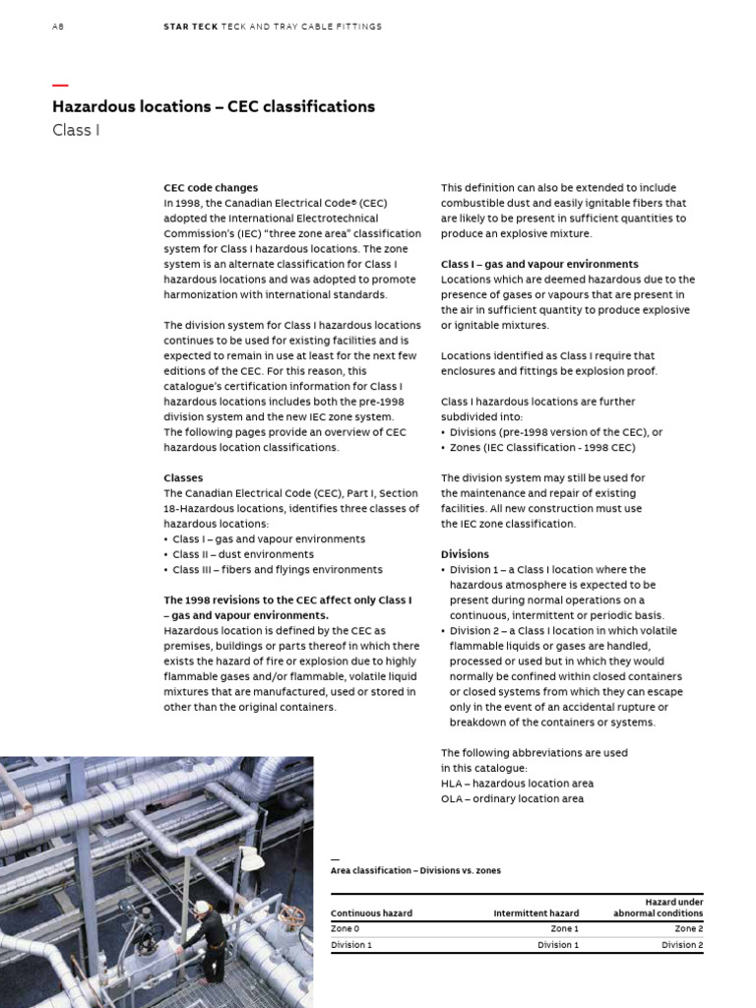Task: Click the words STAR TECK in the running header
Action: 189,27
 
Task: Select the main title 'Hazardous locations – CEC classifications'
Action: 213,106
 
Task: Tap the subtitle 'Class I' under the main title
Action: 76,130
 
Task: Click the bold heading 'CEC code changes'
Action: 211,187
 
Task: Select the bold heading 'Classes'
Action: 183,477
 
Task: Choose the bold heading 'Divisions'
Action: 465,554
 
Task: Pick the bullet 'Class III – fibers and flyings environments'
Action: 277,569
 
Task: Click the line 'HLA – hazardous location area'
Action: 517,784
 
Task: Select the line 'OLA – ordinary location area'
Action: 512,798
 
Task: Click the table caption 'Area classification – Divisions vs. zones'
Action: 415,870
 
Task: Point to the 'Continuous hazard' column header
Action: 371,913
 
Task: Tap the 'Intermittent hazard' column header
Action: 535,913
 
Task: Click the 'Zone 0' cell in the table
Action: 345,928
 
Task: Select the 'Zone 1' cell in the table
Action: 564,928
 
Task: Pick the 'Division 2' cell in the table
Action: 682,945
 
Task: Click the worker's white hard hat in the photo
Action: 202,907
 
